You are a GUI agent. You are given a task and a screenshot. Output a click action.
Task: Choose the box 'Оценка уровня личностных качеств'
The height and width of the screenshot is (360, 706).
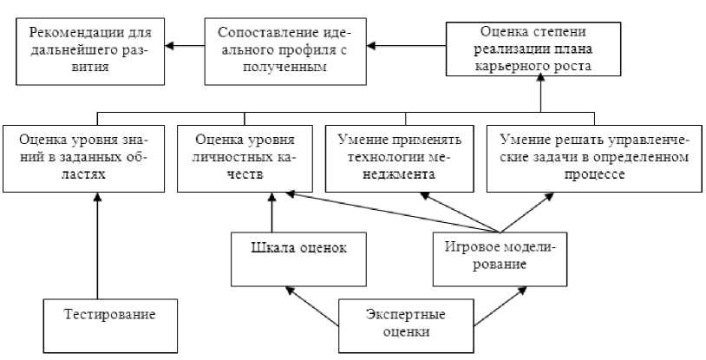coord(245,160)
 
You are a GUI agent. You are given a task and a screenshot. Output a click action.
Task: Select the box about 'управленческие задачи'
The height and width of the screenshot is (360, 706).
coord(592,160)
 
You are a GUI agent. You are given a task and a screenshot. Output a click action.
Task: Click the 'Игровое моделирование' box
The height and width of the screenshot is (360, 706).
coord(500,257)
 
